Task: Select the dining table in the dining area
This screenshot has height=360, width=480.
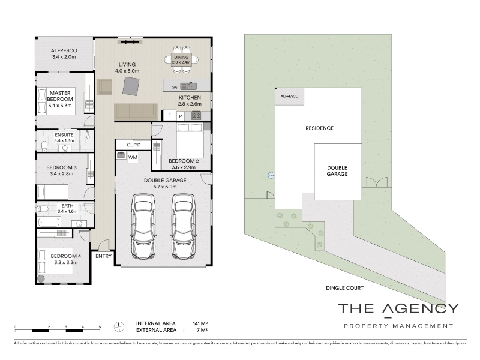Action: click(x=181, y=59)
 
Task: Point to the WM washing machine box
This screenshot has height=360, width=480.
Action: click(x=133, y=157)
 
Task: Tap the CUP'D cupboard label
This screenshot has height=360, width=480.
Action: click(x=134, y=145)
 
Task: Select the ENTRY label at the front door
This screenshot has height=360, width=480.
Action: click(x=103, y=256)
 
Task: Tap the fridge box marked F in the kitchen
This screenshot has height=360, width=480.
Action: click(x=170, y=115)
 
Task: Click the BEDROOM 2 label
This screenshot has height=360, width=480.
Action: click(x=184, y=161)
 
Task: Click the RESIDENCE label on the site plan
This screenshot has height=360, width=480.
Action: click(x=319, y=128)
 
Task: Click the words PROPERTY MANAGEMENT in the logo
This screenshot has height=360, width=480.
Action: click(x=398, y=326)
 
